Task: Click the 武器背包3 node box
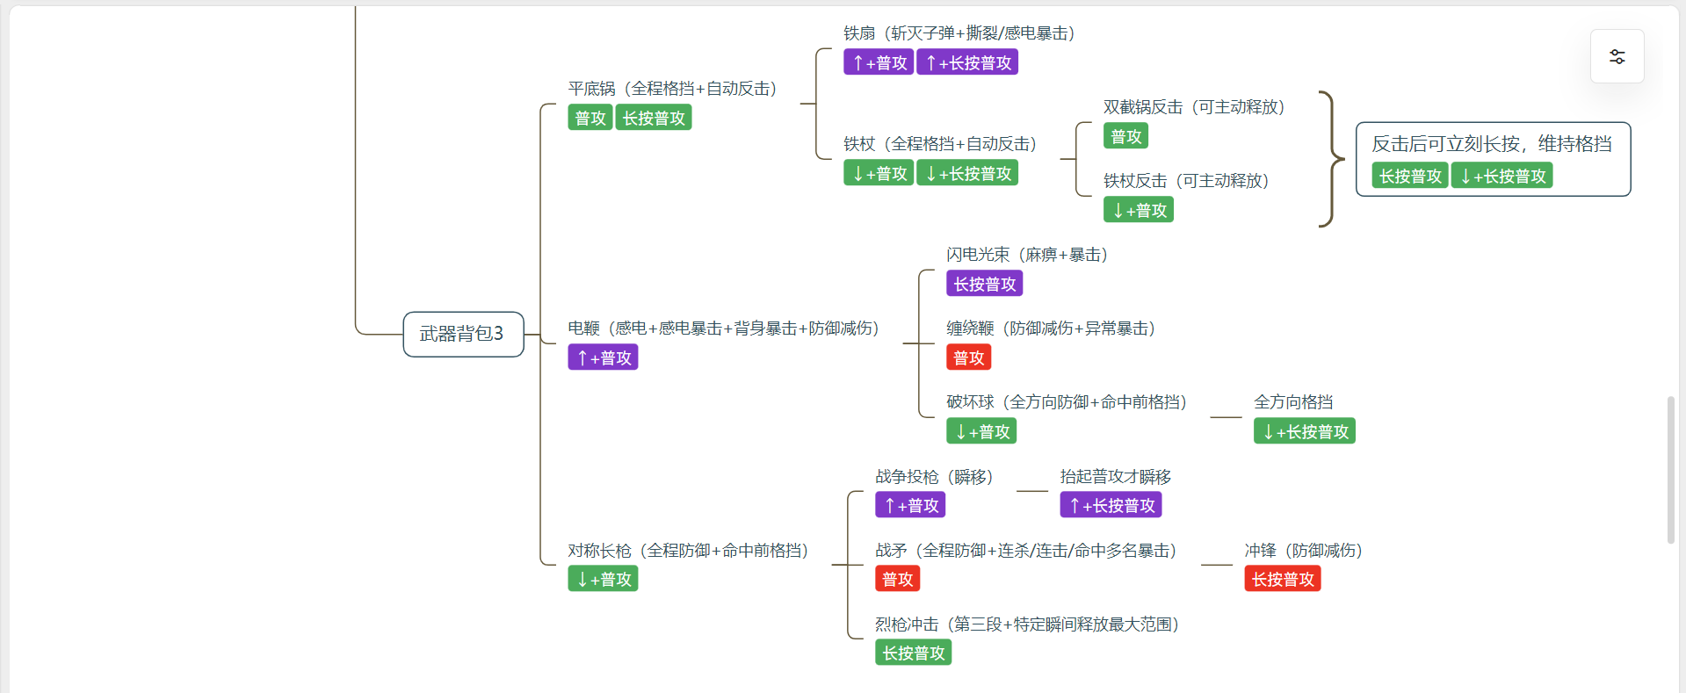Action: coord(463,334)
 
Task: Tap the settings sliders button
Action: coord(1617,57)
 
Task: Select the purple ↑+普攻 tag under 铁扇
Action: coord(878,62)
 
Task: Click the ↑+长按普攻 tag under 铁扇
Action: coord(967,62)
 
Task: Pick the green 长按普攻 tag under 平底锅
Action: coord(654,118)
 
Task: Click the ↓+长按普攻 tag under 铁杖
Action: coord(967,173)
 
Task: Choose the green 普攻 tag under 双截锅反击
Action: coord(1125,136)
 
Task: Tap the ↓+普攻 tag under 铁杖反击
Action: coord(1139,210)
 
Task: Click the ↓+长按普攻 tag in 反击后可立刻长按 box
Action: coord(1501,176)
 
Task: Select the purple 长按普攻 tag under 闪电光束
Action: coord(984,284)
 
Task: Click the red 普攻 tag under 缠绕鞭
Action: coord(968,357)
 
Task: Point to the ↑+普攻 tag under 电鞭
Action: coord(603,357)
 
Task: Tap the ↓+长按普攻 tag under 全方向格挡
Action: coord(1304,431)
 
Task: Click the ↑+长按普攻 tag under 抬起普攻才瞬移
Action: coord(1111,505)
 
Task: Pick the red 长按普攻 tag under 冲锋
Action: coord(1283,579)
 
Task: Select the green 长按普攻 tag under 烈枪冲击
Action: coord(913,653)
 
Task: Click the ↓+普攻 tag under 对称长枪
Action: coord(603,579)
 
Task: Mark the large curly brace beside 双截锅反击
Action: coord(1333,159)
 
